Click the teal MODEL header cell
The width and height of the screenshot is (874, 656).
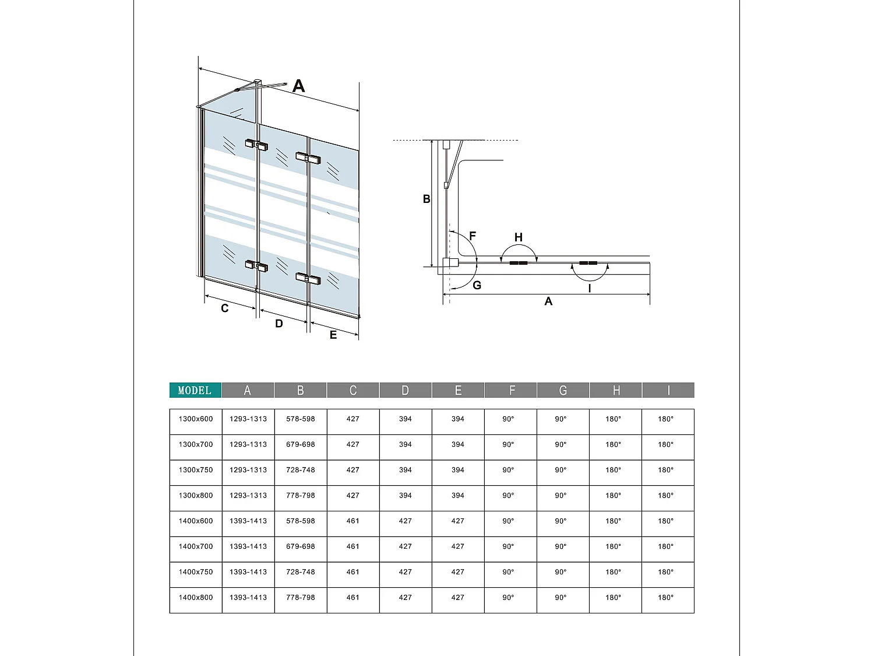pos(195,390)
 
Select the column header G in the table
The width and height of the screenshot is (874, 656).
pos(563,390)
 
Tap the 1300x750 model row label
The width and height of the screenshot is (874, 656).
pos(196,470)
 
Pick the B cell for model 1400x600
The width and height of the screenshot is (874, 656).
pos(301,521)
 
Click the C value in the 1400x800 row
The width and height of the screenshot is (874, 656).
pos(353,598)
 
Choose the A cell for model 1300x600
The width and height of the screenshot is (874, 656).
pos(248,419)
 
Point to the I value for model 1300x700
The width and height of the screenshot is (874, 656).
pos(665,444)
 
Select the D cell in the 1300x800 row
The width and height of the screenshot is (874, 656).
pos(406,496)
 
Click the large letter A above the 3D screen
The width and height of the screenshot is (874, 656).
pos(298,86)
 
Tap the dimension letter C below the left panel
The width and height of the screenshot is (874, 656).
pos(225,308)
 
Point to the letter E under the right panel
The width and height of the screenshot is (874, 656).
pos(333,335)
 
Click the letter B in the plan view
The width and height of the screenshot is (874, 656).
pos(427,199)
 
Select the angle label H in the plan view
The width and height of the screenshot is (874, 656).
pos(519,237)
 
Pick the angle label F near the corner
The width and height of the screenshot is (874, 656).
pos(473,236)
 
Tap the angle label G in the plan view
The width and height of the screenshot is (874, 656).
pos(477,285)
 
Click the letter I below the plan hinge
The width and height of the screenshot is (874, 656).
pos(590,288)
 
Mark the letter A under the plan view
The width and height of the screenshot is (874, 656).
pos(548,301)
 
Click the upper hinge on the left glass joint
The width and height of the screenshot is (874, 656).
pos(256,144)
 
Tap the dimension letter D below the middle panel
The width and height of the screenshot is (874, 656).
pos(279,324)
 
